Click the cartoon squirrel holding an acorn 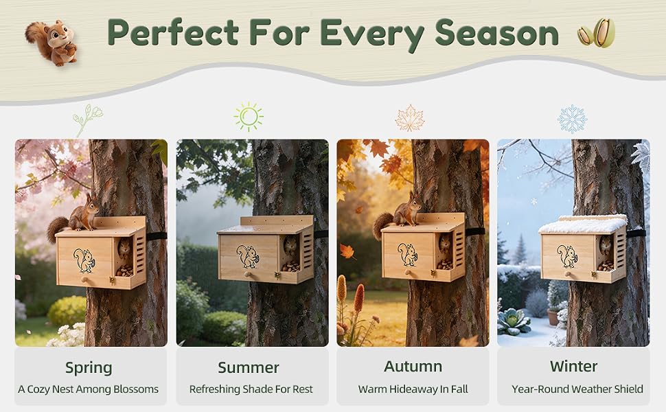point(51,43)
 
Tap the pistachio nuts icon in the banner point(597,33)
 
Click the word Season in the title point(496,33)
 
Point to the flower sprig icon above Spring point(87,119)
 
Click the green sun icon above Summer point(249,117)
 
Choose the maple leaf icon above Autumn point(410,118)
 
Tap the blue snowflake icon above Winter point(572,119)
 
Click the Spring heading point(89,368)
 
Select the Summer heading point(249,367)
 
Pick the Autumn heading point(413,366)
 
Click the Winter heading point(573,366)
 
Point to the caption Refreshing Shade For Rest point(251,389)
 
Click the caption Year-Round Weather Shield point(577,389)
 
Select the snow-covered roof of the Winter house point(582,224)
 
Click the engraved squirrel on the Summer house point(248,256)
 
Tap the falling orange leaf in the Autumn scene point(347,251)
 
